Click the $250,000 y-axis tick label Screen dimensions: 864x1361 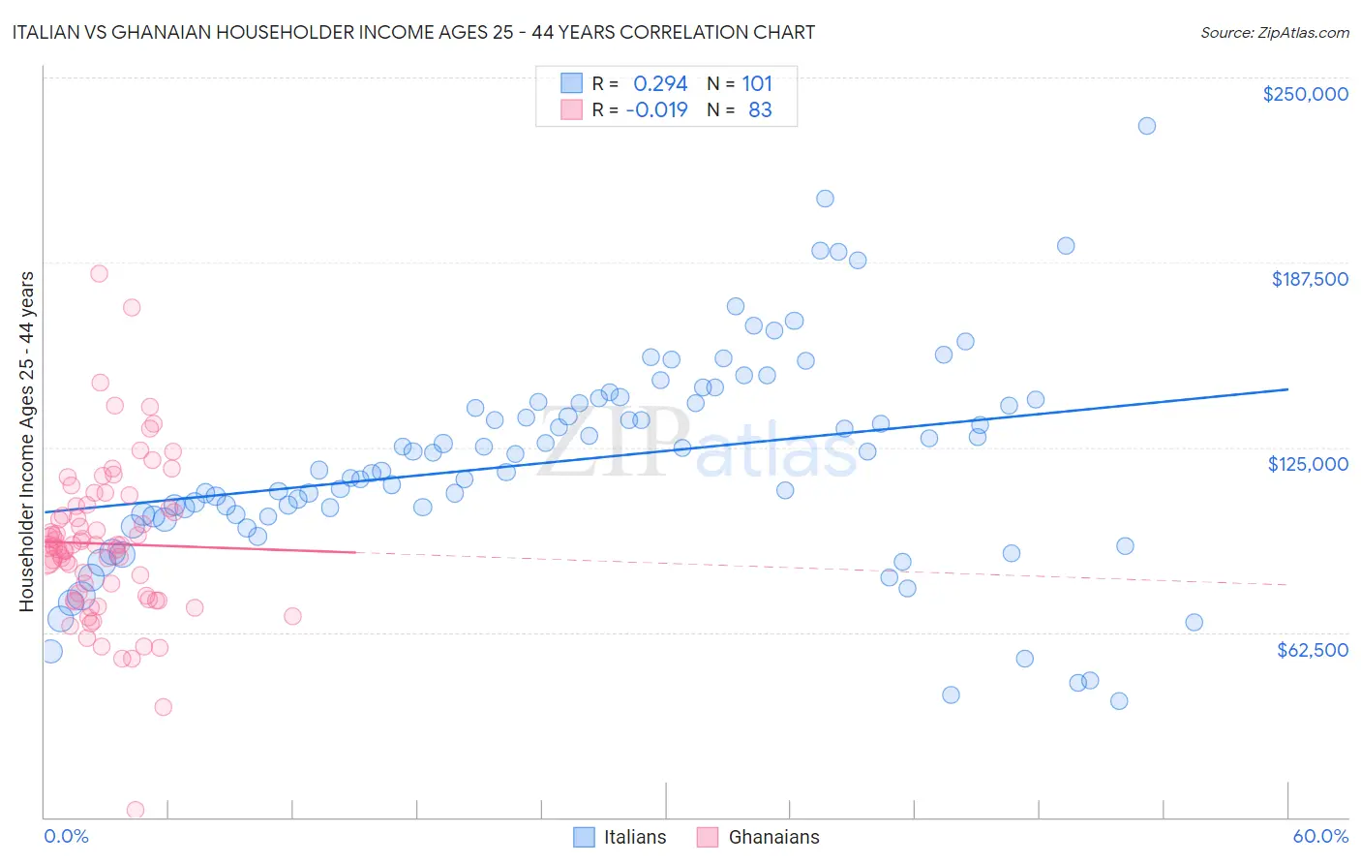click(x=1305, y=94)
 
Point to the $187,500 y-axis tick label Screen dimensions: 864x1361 click(x=1309, y=279)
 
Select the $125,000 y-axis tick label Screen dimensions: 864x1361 click(x=1308, y=464)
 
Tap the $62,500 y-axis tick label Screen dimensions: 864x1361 click(x=1312, y=650)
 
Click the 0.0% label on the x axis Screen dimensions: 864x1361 click(x=66, y=836)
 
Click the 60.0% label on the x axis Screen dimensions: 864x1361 click(x=1319, y=836)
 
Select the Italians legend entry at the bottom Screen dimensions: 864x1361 click(x=620, y=837)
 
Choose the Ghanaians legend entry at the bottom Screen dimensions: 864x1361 click(x=758, y=837)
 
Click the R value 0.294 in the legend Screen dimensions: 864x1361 click(x=660, y=83)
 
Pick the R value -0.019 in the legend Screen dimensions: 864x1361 click(x=656, y=109)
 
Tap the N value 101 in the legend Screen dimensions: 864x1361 click(x=757, y=83)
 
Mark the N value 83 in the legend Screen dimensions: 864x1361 click(x=760, y=109)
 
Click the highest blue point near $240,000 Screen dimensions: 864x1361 click(x=1146, y=126)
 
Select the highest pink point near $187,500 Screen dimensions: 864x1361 click(x=99, y=273)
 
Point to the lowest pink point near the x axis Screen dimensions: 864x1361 click(x=136, y=809)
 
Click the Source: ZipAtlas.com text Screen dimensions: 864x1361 click(x=1274, y=32)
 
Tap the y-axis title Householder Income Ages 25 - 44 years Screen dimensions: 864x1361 click(x=26, y=442)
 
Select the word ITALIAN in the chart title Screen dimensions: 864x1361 click(x=46, y=32)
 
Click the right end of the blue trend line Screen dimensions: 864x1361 click(x=1287, y=388)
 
